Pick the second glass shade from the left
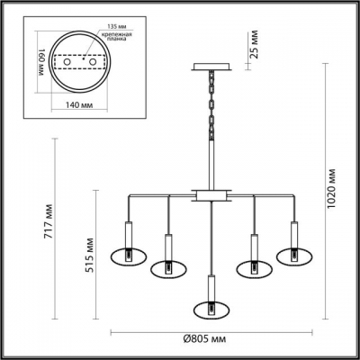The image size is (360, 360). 167,267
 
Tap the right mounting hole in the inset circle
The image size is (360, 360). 91,62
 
